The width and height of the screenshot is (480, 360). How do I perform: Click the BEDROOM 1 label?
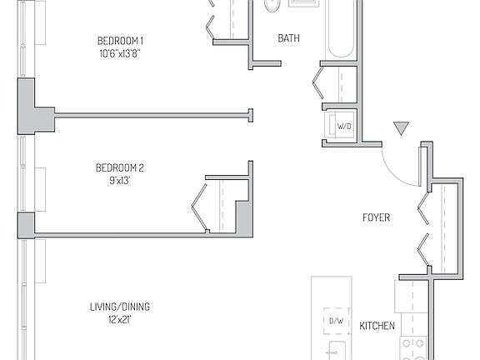[121, 41]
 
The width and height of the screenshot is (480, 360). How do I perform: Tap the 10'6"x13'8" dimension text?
[121, 53]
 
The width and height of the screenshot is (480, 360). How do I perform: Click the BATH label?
[289, 38]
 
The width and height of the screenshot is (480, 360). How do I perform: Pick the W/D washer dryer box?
[342, 126]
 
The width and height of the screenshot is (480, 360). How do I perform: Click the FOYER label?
[376, 218]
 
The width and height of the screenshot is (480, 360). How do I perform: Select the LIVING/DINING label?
[120, 307]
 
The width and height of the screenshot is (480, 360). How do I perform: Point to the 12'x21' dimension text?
[120, 319]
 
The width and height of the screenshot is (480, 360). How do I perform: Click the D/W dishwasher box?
[336, 321]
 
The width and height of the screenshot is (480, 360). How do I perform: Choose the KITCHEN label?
[377, 326]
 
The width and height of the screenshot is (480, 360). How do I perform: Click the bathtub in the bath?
[340, 29]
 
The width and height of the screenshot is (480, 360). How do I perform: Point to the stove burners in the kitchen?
[413, 346]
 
